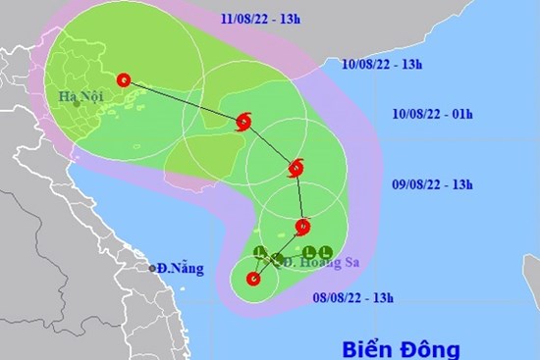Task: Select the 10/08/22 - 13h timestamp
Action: coord(382,65)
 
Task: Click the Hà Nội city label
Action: coord(81,96)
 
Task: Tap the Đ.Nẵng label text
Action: coord(178,268)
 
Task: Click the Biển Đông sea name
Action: coord(401,348)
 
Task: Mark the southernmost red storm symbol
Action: coord(254,279)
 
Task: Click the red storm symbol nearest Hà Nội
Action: coord(123,80)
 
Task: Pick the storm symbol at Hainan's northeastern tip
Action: coord(243,122)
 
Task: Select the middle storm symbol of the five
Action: coord(296,169)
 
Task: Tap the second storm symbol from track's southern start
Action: coord(301,228)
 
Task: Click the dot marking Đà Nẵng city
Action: coord(152,268)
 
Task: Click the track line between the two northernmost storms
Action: coord(183,101)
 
